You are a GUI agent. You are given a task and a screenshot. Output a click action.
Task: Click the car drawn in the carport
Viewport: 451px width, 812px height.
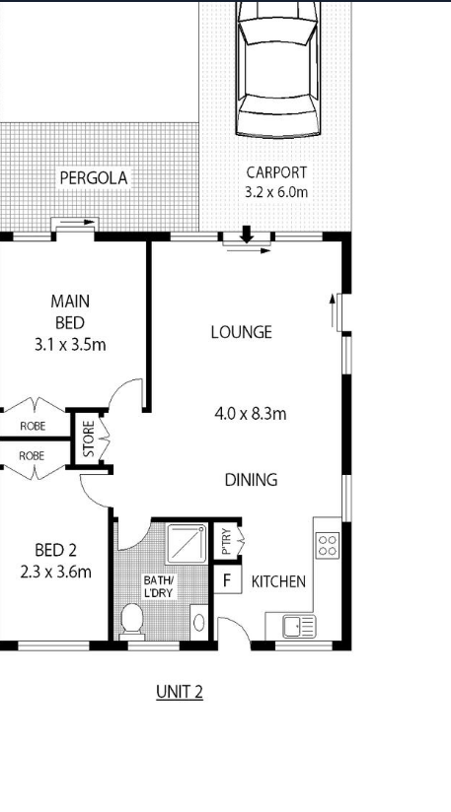(x=278, y=69)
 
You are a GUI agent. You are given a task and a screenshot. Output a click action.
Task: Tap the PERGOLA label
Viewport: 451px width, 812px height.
(x=94, y=177)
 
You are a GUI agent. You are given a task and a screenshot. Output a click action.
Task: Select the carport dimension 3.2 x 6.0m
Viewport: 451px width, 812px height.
(x=276, y=192)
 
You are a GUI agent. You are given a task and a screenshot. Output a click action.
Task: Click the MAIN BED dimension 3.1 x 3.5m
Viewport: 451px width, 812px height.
(x=70, y=344)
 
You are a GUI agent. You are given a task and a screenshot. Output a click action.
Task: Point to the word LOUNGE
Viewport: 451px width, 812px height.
(x=242, y=332)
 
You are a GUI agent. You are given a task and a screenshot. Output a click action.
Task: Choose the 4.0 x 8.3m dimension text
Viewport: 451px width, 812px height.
(x=251, y=414)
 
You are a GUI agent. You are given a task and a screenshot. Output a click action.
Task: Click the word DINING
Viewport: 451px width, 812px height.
(x=251, y=480)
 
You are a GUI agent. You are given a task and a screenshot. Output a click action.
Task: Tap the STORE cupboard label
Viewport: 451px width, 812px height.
(x=89, y=439)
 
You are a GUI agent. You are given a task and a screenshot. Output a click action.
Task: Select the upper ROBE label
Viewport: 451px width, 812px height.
(x=33, y=426)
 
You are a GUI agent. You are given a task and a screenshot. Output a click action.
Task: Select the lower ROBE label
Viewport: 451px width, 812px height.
(x=33, y=455)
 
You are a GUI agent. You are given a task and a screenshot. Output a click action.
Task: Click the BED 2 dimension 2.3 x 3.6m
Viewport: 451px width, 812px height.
(x=56, y=572)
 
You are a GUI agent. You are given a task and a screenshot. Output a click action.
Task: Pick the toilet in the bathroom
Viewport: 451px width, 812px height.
(x=131, y=622)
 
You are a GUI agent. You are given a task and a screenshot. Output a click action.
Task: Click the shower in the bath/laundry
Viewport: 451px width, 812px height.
(x=187, y=544)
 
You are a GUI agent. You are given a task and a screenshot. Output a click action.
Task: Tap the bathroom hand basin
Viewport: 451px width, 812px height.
(x=199, y=622)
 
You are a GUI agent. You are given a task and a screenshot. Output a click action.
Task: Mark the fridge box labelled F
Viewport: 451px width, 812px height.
(x=227, y=580)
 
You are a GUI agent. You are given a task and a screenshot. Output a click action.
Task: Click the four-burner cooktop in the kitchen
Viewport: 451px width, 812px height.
(x=328, y=545)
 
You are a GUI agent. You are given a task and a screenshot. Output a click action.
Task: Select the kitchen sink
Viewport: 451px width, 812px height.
(x=299, y=627)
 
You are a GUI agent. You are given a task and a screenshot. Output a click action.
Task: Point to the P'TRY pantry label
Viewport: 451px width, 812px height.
(x=226, y=541)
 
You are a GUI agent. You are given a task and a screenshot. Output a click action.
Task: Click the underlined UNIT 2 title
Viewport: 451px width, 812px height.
(x=180, y=692)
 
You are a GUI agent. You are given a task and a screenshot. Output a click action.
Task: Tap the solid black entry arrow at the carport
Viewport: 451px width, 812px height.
(x=247, y=235)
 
